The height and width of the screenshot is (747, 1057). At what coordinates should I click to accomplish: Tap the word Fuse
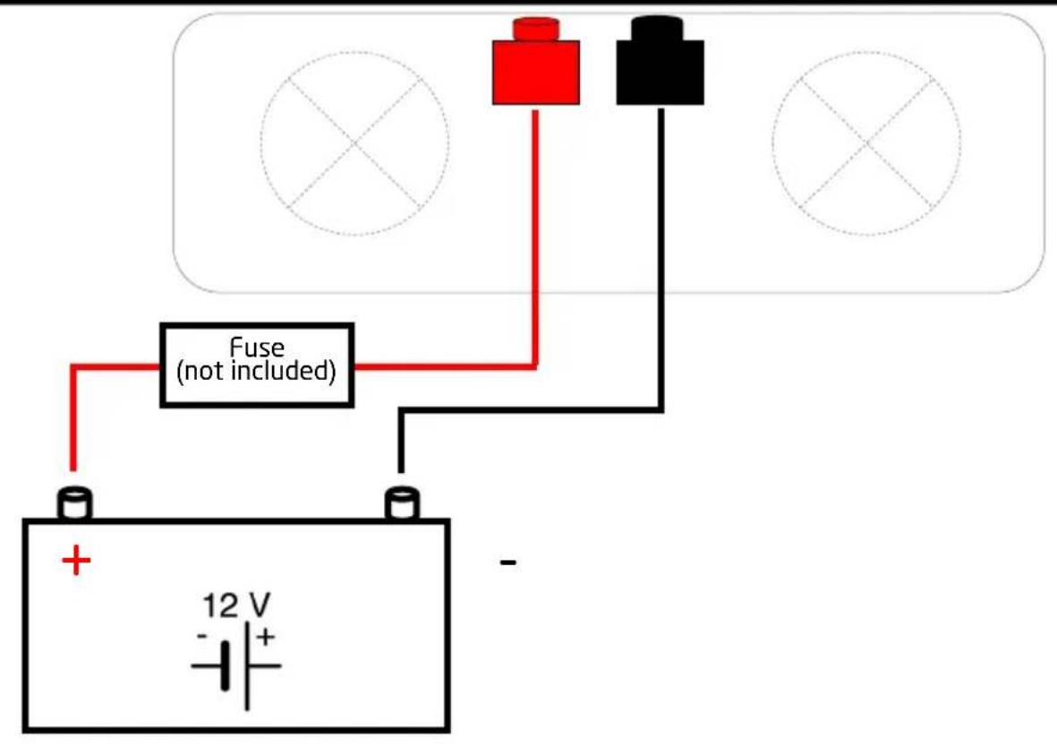tap(257, 348)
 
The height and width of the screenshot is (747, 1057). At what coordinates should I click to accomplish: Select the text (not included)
tap(256, 371)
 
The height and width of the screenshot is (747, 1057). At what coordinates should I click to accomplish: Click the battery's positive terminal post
tap(74, 502)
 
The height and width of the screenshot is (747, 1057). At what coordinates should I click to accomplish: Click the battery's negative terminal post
tap(402, 502)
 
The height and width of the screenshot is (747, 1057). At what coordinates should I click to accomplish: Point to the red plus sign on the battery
tap(76, 561)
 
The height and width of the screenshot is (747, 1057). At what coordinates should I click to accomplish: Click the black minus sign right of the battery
tap(508, 562)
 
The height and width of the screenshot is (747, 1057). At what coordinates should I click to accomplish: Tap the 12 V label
tap(236, 605)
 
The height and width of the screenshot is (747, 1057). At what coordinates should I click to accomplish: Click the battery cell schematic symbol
tap(236, 666)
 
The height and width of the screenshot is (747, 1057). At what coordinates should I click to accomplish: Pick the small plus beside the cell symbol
tap(266, 636)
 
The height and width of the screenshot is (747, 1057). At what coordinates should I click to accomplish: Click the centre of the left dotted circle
tap(354, 143)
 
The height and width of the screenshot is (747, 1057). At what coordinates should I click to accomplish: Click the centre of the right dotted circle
tap(867, 143)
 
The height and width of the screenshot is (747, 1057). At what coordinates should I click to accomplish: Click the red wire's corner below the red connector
tap(536, 367)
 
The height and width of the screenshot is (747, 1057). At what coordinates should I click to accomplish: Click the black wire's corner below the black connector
tap(661, 409)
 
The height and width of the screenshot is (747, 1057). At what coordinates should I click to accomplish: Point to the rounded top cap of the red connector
tap(536, 29)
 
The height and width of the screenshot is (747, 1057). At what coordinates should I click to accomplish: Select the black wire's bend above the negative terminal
tap(402, 409)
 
